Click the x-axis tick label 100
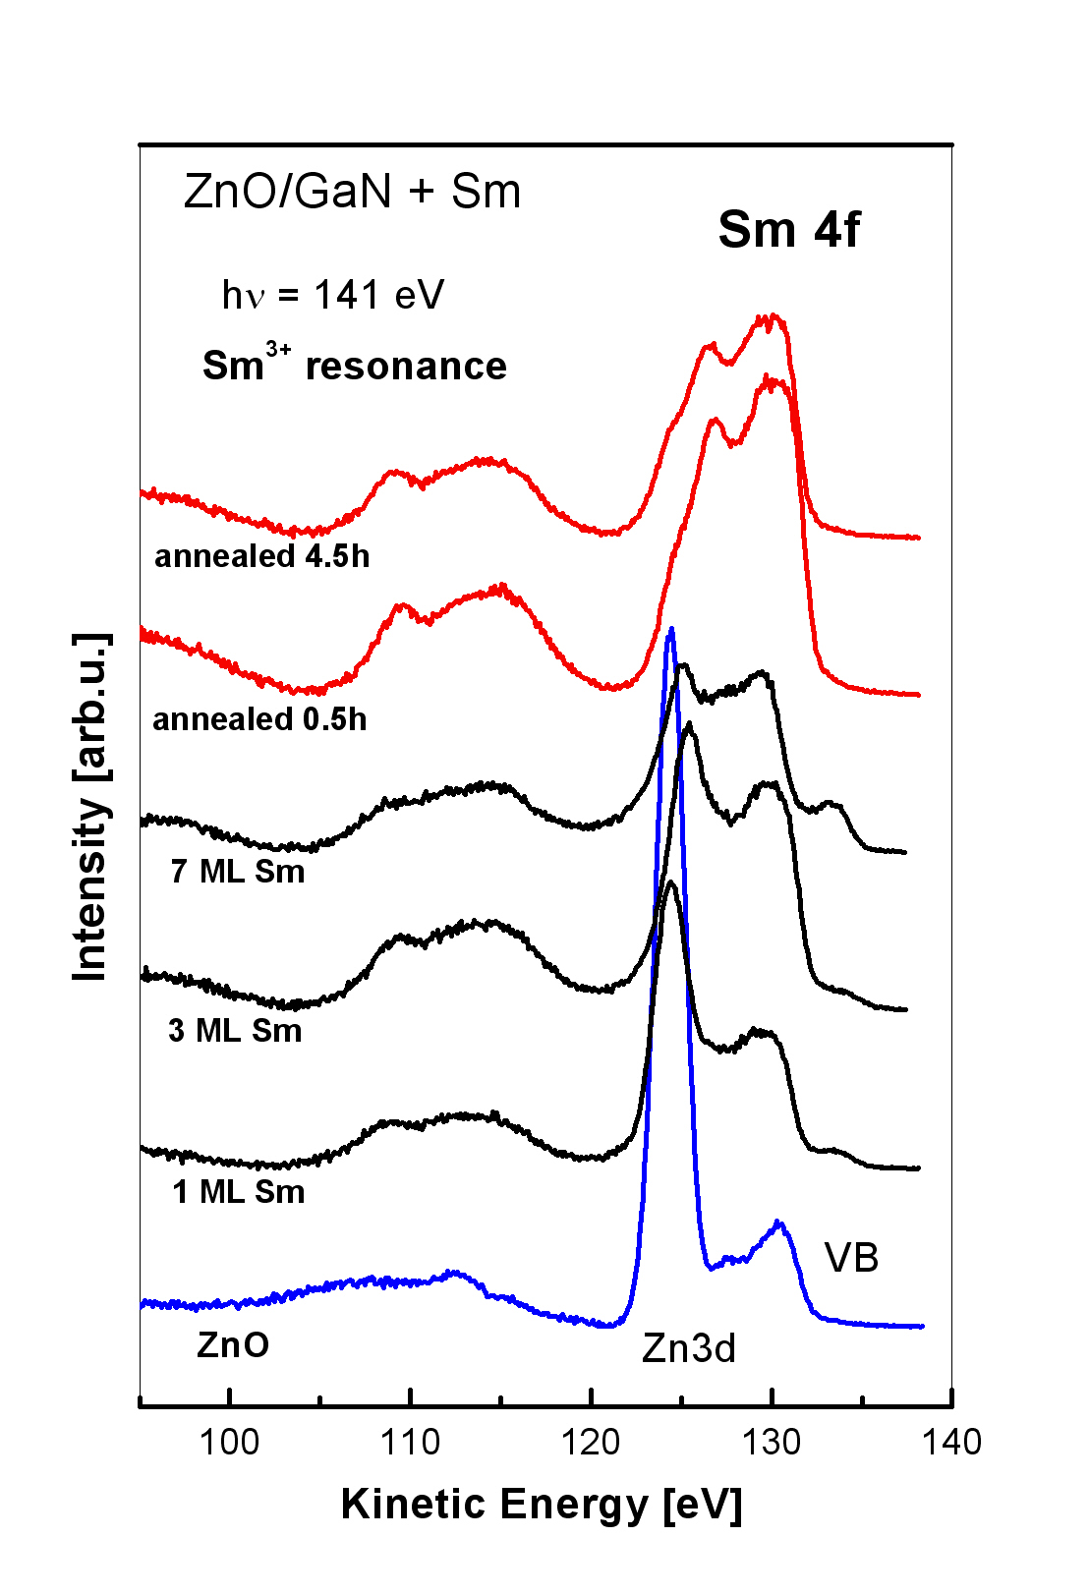coord(229,1442)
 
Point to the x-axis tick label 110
coord(410,1442)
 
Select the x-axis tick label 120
coord(591,1442)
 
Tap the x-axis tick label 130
coord(772,1442)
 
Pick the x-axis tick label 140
coord(952,1442)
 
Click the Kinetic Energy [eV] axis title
coord(542,1505)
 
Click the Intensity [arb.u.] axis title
coord(90,807)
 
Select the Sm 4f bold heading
coord(788,230)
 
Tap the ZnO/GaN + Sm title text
coord(352,192)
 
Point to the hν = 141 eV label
coord(333,295)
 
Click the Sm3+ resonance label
coord(355,365)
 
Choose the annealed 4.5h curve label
coord(262,556)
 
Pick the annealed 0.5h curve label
coord(259,719)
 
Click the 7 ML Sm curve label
coord(238,872)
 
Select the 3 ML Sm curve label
coord(235,1031)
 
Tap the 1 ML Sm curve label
coord(239,1192)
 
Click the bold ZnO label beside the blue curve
coord(233,1344)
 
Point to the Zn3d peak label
coord(689,1349)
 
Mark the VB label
coord(851,1258)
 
